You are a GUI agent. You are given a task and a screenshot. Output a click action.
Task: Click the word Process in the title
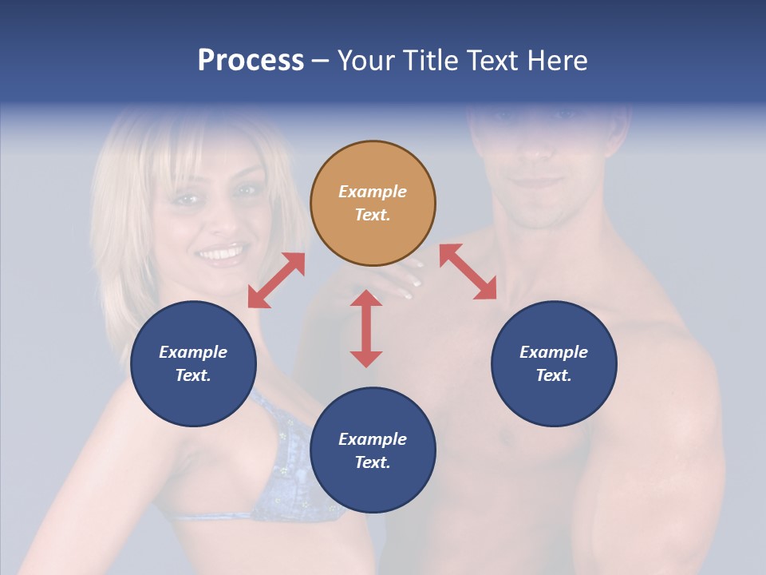click(x=251, y=61)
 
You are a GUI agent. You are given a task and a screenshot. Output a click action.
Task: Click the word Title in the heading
click(x=430, y=61)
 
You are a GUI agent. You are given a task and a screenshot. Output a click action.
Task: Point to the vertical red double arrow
click(x=366, y=328)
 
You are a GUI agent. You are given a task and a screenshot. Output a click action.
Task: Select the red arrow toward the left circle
click(x=276, y=280)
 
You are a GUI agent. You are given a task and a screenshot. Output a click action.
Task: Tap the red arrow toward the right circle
click(x=468, y=272)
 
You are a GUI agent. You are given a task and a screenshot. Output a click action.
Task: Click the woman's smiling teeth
click(x=221, y=254)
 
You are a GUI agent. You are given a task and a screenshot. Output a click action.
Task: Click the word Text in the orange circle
click(x=373, y=215)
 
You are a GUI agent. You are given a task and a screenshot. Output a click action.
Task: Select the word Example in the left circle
click(x=193, y=352)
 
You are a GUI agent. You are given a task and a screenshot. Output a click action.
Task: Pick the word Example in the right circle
click(x=554, y=352)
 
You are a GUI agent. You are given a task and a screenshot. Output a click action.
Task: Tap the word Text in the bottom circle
click(x=373, y=462)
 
